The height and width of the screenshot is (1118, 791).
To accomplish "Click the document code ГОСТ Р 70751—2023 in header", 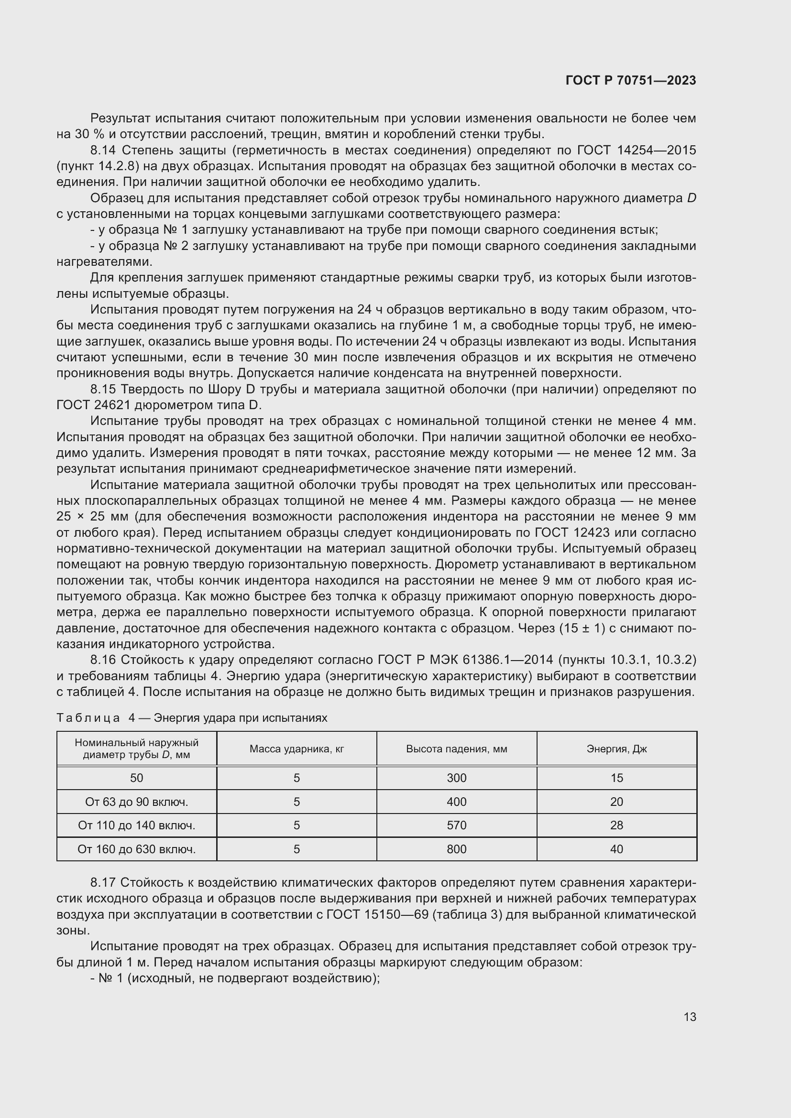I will pyautogui.click(x=631, y=81).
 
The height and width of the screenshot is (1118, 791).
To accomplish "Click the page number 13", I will pyautogui.click(x=690, y=1017).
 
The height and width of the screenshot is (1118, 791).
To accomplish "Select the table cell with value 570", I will pyautogui.click(x=456, y=825).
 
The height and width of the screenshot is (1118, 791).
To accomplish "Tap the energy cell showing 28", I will pyautogui.click(x=616, y=825).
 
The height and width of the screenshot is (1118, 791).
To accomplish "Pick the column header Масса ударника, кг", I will pyautogui.click(x=297, y=749).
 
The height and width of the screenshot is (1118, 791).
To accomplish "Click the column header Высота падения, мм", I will pyautogui.click(x=456, y=749).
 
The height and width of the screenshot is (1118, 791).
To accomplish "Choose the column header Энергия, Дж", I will pyautogui.click(x=616, y=749).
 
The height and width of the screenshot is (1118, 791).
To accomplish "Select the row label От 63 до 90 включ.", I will pyautogui.click(x=136, y=802).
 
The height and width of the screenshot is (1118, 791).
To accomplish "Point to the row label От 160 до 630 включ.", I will pyautogui.click(x=136, y=849).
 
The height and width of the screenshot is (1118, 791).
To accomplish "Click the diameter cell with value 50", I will pyautogui.click(x=136, y=778).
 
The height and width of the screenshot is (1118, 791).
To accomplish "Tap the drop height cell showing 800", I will pyautogui.click(x=456, y=849).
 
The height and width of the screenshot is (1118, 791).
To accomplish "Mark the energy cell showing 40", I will pyautogui.click(x=616, y=849).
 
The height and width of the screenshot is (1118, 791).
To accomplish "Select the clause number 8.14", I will pyautogui.click(x=103, y=151).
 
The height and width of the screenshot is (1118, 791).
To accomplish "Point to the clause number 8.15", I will pyautogui.click(x=103, y=390).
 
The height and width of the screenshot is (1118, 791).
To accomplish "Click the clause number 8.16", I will pyautogui.click(x=103, y=660).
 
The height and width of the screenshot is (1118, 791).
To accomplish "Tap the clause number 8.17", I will pyautogui.click(x=103, y=883).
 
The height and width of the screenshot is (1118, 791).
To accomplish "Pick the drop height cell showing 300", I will pyautogui.click(x=456, y=778).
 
